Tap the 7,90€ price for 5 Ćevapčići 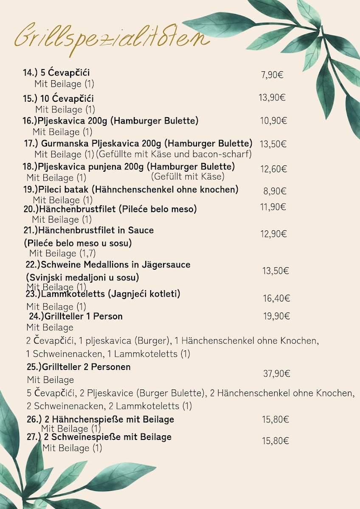(272, 75)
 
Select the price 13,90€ (272, 98)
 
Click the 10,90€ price (273, 121)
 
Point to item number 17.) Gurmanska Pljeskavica (138, 143)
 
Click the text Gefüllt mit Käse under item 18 (188, 176)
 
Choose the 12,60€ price (273, 169)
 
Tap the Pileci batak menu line (131, 189)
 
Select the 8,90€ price (275, 191)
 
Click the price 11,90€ (273, 207)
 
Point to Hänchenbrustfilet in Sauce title (89, 230)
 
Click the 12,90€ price (273, 234)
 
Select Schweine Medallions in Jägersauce (108, 265)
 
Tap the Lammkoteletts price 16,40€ (276, 299)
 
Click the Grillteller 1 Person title (76, 316)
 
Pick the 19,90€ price (276, 316)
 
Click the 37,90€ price (276, 374)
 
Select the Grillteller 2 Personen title (79, 367)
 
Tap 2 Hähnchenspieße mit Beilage (101, 420)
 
